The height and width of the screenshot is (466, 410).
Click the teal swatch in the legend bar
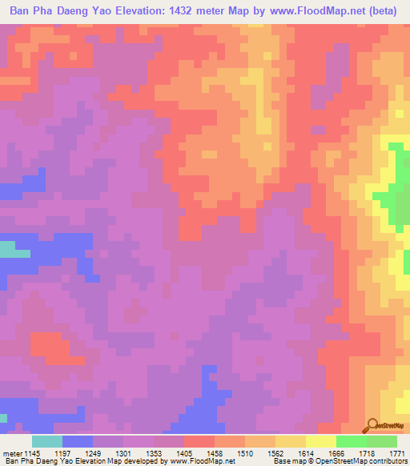pos(47,441)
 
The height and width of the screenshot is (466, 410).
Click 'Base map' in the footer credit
pos(292,461)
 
